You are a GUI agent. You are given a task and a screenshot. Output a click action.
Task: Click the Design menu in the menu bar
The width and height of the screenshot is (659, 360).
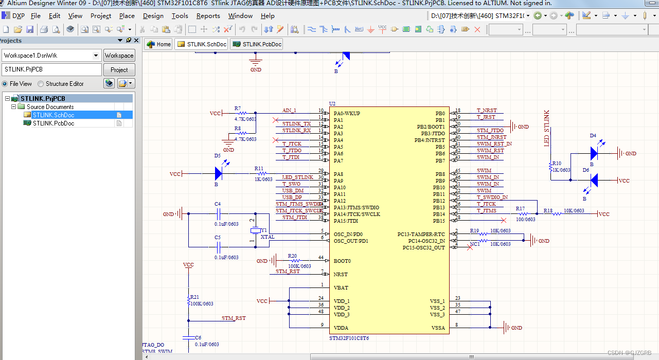pyautogui.click(x=153, y=16)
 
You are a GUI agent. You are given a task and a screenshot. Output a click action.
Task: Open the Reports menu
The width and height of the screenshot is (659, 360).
pyautogui.click(x=208, y=16)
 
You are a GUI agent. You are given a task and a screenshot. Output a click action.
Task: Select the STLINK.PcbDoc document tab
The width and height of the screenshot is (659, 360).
pyautogui.click(x=257, y=44)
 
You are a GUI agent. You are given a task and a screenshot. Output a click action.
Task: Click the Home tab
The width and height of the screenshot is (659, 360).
pyautogui.click(x=158, y=44)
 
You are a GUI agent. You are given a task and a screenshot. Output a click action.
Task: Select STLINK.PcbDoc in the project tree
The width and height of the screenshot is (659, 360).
pyautogui.click(x=53, y=123)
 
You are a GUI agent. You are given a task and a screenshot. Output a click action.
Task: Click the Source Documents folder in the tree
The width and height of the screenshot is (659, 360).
pyautogui.click(x=50, y=107)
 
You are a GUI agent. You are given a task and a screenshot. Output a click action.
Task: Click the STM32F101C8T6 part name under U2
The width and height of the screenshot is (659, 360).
pyautogui.click(x=349, y=338)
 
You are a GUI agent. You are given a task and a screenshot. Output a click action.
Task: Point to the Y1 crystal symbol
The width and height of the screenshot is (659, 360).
pyautogui.click(x=253, y=231)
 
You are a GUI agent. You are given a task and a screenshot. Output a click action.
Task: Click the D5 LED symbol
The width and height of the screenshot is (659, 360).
pyautogui.click(x=218, y=174)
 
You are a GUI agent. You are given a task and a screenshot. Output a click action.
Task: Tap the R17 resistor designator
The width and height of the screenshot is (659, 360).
pyautogui.click(x=521, y=209)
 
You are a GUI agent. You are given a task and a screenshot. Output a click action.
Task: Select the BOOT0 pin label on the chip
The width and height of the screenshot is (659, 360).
pyautogui.click(x=342, y=261)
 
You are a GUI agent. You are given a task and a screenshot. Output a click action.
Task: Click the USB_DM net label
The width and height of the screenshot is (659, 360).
pyautogui.click(x=292, y=191)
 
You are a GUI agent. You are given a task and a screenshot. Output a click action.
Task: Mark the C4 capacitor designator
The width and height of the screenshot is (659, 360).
pyautogui.click(x=218, y=204)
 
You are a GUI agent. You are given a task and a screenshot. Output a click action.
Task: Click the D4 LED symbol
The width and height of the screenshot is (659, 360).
pyautogui.click(x=594, y=153)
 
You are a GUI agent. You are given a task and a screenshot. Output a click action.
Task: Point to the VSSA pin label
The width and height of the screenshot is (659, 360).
pyautogui.click(x=438, y=328)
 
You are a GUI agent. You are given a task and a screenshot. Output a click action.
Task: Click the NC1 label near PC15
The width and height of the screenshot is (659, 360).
pyautogui.click(x=475, y=244)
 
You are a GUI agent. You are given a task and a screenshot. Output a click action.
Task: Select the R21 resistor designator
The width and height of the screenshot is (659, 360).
pyautogui.click(x=194, y=297)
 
